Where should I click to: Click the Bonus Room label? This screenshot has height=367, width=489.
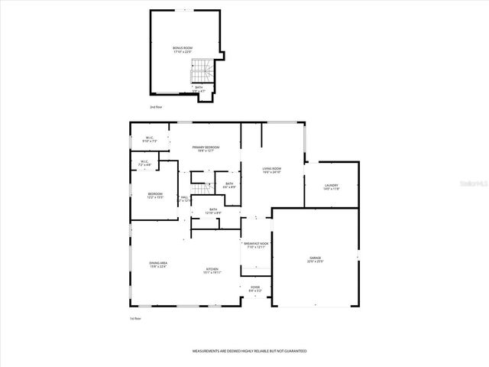point(183,50)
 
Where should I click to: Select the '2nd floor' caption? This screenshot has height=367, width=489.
point(157,107)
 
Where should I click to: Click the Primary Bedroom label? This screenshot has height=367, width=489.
point(206,148)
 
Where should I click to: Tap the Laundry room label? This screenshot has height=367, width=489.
point(331,187)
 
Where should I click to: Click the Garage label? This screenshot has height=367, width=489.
point(316,260)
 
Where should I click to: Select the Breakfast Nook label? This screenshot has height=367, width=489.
point(257,245)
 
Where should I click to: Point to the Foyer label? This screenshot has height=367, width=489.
point(255,288)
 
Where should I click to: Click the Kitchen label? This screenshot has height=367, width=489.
point(212,271)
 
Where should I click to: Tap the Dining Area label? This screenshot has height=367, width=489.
point(158,265)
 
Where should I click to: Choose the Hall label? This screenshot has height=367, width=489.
point(184,199)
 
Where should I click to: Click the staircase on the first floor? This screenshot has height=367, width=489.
point(201,187)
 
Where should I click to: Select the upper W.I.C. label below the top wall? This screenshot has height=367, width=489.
point(150,139)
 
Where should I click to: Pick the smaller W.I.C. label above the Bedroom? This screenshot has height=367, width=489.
point(144,163)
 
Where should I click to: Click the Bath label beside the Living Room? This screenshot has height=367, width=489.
point(229,184)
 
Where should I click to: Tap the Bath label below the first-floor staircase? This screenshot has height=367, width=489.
point(214,211)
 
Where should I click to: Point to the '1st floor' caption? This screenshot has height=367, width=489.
point(135,317)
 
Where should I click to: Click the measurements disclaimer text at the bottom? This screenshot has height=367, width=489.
point(249,350)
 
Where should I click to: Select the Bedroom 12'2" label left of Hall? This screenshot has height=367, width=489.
point(155,195)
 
